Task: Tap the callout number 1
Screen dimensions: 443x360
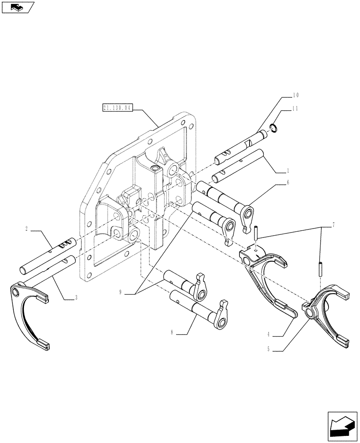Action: [288, 170]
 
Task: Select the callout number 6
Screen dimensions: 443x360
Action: [288, 182]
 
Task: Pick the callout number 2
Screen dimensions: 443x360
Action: [27, 229]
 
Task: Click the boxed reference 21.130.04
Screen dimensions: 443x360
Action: [117, 108]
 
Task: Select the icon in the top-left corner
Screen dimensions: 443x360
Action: [18, 7]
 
